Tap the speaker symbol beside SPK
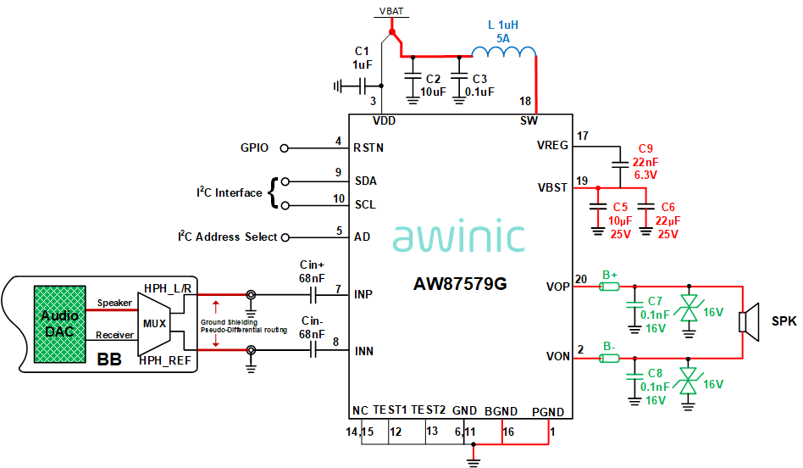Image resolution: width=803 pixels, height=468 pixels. pyautogui.click(x=746, y=321)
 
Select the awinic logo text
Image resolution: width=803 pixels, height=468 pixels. pyautogui.click(x=459, y=237)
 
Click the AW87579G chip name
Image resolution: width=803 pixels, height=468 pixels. pyautogui.click(x=461, y=284)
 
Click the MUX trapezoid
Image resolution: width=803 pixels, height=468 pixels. pyautogui.click(x=156, y=322)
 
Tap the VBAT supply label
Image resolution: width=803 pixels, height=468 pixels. pyautogui.click(x=391, y=12)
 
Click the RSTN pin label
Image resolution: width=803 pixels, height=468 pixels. pyautogui.click(x=368, y=148)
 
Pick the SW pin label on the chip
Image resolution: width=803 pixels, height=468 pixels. pyautogui.click(x=529, y=120)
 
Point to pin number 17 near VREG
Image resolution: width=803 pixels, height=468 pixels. pyautogui.click(x=582, y=136)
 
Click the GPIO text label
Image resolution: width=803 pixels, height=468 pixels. pyautogui.click(x=254, y=148)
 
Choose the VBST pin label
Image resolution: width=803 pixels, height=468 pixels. pyautogui.click(x=552, y=187)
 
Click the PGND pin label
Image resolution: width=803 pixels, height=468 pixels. pyautogui.click(x=547, y=412)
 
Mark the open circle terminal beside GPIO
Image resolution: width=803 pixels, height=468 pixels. pyautogui.click(x=285, y=148)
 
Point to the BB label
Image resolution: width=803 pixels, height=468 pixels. pyautogui.click(x=109, y=359)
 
